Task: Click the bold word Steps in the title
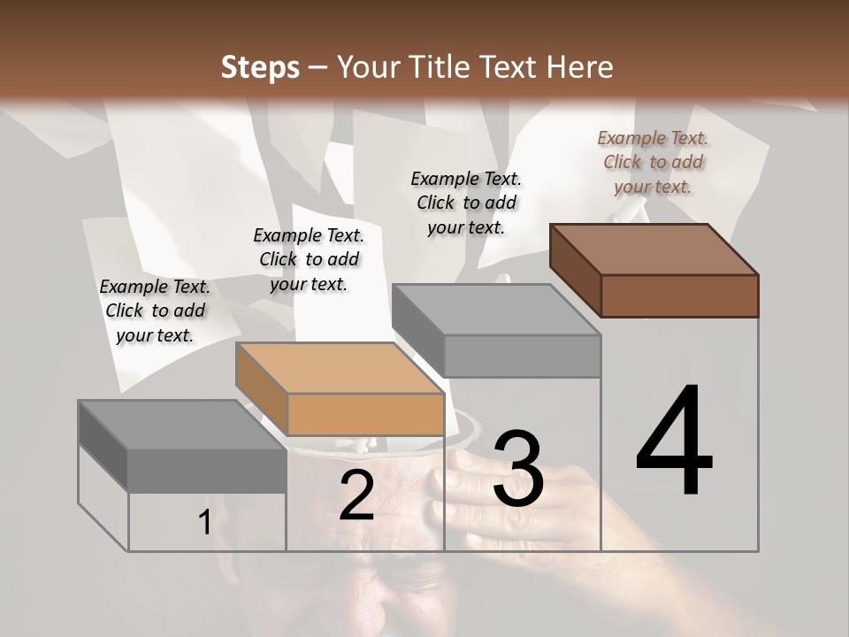point(260,67)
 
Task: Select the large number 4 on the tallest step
point(674,442)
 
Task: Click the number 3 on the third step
point(518,469)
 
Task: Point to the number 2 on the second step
point(356,495)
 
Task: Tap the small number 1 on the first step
point(204,523)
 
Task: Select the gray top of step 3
point(496,310)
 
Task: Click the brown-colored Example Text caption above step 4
point(653,162)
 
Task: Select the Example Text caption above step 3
point(466,203)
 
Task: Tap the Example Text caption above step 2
point(309,259)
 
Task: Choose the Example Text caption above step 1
point(155,311)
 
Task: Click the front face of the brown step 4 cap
point(679,295)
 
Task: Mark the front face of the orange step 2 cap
point(365,414)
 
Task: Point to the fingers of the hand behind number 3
point(469,491)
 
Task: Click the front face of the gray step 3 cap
point(522,356)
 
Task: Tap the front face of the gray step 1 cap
point(207,471)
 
